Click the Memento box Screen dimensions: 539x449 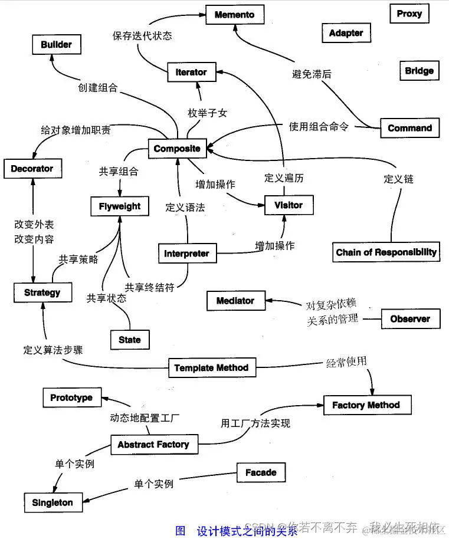coord(235,15)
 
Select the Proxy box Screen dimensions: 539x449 coord(409,14)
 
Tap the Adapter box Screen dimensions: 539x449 coord(346,33)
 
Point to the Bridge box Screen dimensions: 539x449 coord(419,71)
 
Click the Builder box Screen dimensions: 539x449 coord(56,44)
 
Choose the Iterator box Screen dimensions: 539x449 coord(191,72)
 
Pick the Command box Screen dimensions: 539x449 coord(409,128)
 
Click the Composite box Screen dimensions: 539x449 coord(177,149)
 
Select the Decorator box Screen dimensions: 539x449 coord(32,169)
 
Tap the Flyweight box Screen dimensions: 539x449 coord(120,206)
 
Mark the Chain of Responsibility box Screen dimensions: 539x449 coord(386,252)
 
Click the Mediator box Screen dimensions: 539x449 coord(235,301)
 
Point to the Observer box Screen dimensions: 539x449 coord(410,319)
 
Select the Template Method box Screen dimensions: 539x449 coord(211,368)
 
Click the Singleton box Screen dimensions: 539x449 coord(53,502)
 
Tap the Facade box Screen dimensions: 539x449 coord(261,472)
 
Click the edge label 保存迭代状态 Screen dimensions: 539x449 coord(142,35)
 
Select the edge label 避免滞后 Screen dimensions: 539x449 coord(312,74)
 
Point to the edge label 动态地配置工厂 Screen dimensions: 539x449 coord(145,418)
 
